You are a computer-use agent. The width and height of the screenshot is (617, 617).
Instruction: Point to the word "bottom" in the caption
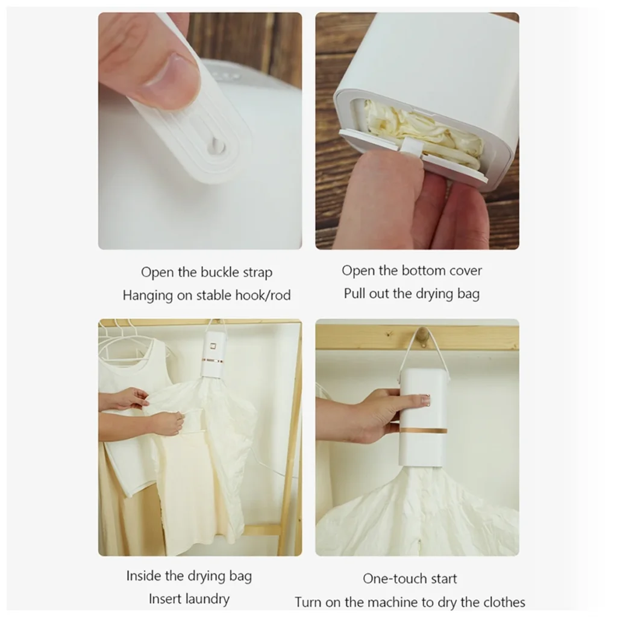click(x=427, y=271)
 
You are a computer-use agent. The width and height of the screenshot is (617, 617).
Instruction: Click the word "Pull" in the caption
click(x=354, y=293)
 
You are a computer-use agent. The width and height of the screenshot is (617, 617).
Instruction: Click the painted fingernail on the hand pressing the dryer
click(x=426, y=400)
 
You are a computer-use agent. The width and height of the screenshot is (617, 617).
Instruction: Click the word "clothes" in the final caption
click(x=504, y=602)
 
